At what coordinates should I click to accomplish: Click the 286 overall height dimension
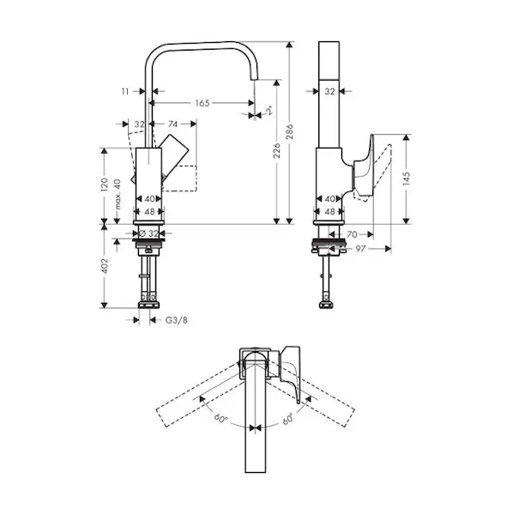click(289, 131)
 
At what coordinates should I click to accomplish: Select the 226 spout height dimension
click(277, 150)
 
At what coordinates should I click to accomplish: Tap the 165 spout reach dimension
click(202, 103)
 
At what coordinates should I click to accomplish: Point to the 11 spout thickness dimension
click(125, 91)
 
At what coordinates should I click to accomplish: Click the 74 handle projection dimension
click(172, 124)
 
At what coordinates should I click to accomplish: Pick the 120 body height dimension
click(105, 185)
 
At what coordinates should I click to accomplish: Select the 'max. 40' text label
click(118, 194)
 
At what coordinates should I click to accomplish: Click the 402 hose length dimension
click(105, 266)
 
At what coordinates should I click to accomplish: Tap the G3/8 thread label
click(176, 320)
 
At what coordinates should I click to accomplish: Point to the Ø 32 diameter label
click(148, 233)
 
